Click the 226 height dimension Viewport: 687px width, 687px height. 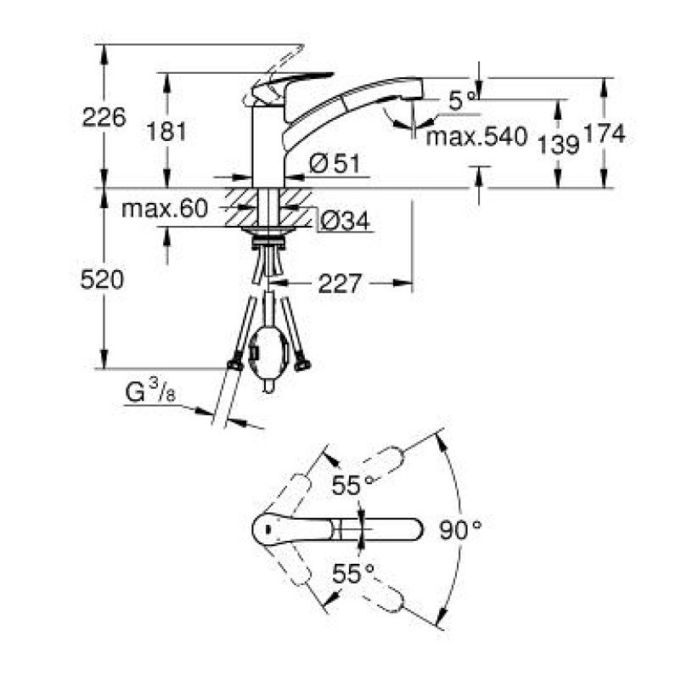click(x=104, y=117)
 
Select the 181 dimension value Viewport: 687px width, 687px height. click(x=166, y=131)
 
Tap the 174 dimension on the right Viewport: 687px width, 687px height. click(x=605, y=133)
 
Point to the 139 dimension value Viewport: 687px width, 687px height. click(x=558, y=144)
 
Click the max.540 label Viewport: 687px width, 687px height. click(x=476, y=137)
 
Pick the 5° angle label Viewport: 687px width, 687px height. click(x=462, y=101)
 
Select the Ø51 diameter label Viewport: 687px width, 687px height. click(x=335, y=164)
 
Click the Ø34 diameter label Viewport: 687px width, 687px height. click(x=345, y=221)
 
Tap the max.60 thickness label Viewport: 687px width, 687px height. click(x=164, y=209)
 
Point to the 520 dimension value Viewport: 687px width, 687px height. click(x=102, y=279)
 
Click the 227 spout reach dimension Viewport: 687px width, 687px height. click(x=340, y=284)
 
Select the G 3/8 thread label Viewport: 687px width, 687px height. click(x=150, y=391)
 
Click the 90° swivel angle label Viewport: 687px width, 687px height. click(x=460, y=530)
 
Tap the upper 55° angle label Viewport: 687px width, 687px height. click(x=352, y=485)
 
